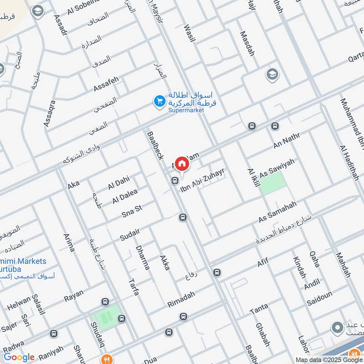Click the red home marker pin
182,163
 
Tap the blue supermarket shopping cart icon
159,101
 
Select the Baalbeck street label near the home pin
155,145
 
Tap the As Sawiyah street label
277,168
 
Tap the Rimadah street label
181,299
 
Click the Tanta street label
259,310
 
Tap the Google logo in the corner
19,357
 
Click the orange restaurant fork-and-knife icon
106,358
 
